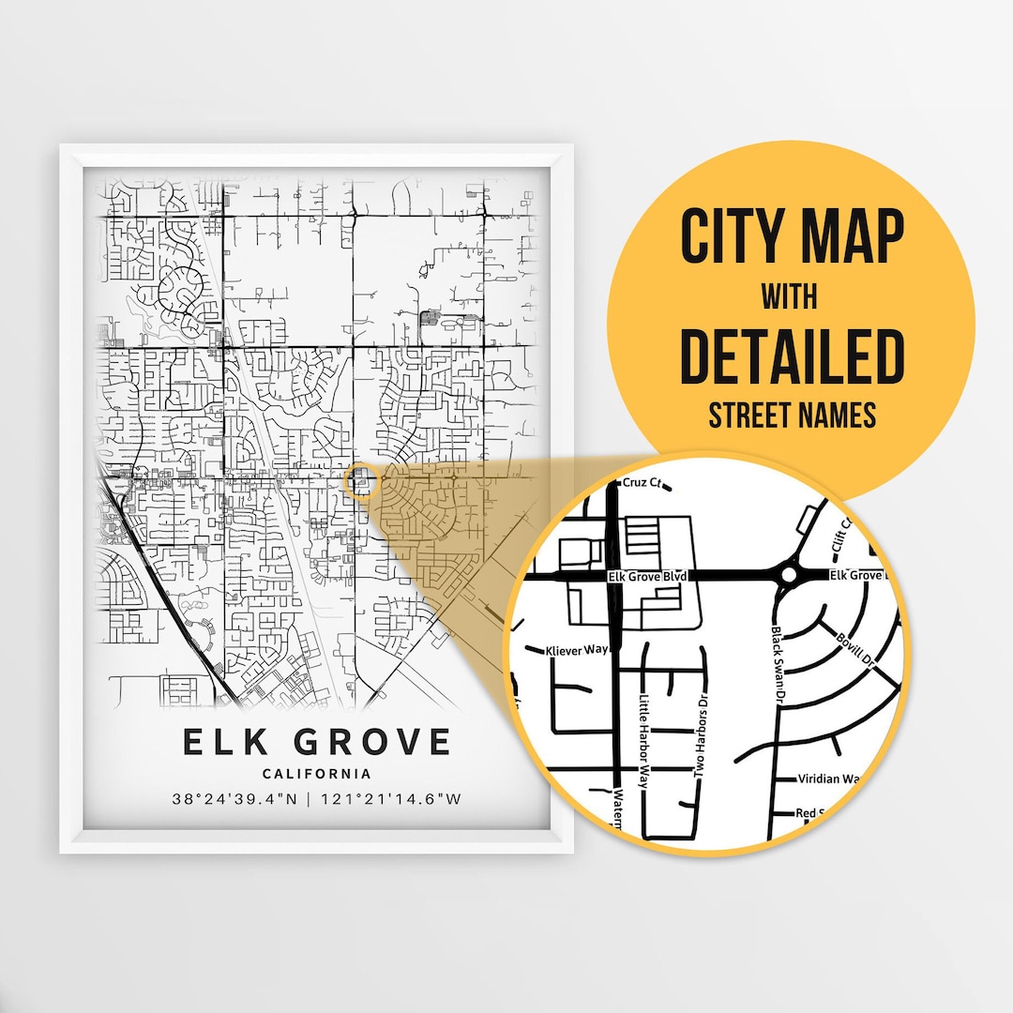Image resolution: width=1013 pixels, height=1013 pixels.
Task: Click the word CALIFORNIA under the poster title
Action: coord(316,774)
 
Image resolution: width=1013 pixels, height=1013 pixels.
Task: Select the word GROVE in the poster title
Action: coord(372,742)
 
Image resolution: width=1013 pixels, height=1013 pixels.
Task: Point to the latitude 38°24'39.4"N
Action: coord(235,800)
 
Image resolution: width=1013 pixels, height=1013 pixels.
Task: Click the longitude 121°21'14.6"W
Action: coord(391,800)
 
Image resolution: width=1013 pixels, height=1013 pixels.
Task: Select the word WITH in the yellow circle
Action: coord(789,297)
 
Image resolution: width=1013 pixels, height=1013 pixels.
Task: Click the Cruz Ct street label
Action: coord(643,484)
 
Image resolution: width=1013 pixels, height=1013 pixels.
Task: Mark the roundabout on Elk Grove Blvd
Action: coord(788,574)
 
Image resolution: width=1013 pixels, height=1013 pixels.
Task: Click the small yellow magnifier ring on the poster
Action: coord(361,482)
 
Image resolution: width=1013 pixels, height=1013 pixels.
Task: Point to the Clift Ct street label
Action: coord(838,534)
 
